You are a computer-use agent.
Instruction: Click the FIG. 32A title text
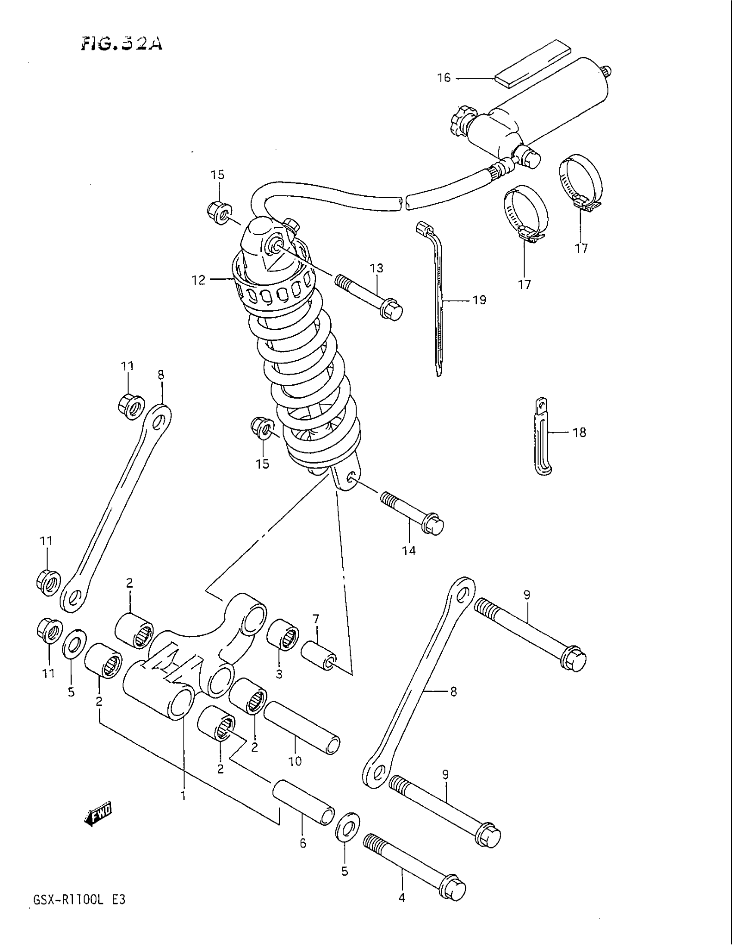(122, 44)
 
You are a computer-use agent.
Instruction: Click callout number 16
(444, 78)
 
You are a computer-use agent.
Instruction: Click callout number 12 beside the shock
(198, 281)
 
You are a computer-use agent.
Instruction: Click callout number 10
(295, 761)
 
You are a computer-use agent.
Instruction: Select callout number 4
(402, 898)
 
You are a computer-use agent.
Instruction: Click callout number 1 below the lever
(183, 795)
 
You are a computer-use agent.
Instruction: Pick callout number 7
(316, 618)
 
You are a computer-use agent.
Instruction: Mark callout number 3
(279, 674)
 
